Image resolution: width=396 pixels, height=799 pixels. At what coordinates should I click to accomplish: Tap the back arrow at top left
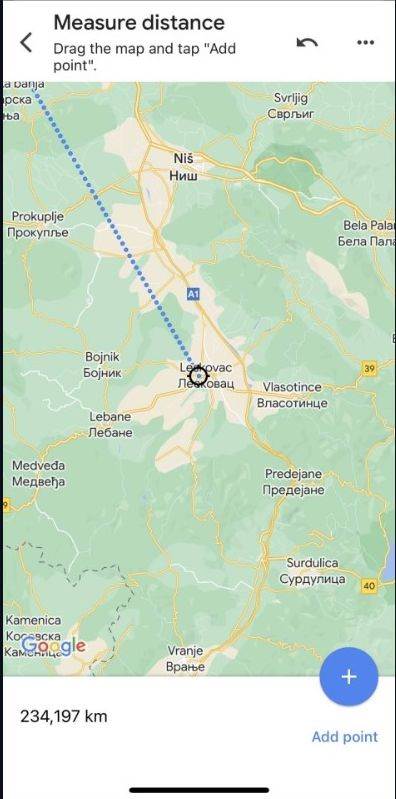(26, 42)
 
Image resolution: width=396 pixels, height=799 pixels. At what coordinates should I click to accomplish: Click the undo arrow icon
(307, 42)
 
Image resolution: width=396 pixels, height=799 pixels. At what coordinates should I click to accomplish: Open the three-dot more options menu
(365, 42)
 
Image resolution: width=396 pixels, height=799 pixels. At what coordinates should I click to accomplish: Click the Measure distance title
(139, 22)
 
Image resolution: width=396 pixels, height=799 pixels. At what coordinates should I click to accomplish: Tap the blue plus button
(348, 677)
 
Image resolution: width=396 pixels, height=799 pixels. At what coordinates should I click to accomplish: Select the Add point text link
(344, 737)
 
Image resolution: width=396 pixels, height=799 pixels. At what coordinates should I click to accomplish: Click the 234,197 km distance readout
(64, 716)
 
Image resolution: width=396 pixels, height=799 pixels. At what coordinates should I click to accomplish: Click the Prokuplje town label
(37, 224)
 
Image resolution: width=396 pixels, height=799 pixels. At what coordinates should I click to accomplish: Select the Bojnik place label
(103, 364)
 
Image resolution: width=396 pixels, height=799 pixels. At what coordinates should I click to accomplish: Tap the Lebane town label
(110, 424)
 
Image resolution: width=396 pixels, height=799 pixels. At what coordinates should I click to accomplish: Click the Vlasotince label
(292, 394)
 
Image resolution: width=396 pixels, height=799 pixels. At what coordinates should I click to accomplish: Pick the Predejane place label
(294, 482)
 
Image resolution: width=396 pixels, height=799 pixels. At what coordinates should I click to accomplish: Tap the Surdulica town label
(312, 571)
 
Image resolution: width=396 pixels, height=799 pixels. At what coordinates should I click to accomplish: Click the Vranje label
(186, 658)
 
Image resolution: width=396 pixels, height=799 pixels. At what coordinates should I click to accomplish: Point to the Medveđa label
(38, 473)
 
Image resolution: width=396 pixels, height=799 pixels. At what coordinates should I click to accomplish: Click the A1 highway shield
(193, 293)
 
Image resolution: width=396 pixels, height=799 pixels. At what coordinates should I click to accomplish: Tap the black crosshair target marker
(198, 376)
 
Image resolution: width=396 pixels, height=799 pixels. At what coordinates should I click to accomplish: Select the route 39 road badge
(369, 369)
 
